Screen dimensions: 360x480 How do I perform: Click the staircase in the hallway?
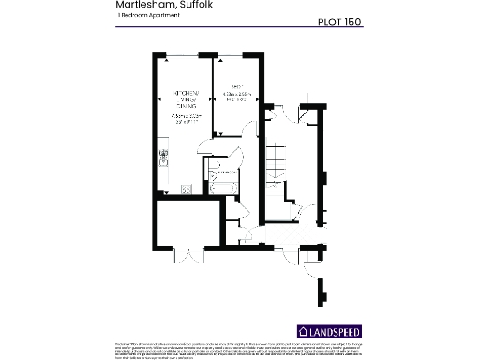pos(277,170)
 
